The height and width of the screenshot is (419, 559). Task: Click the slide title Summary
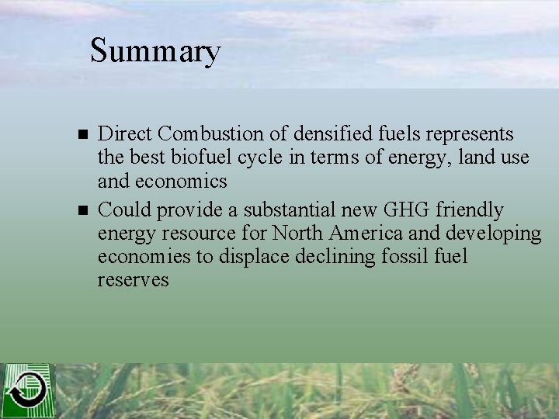155,52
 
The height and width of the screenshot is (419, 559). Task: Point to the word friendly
470,209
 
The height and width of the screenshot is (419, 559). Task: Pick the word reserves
133,280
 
